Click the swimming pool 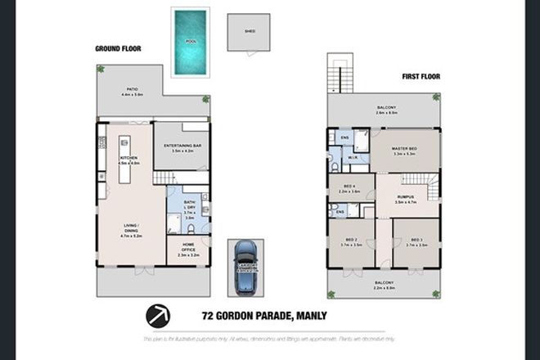(190, 42)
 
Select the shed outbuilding (250, 33)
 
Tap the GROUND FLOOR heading (119, 49)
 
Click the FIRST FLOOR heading (421, 76)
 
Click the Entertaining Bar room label (182, 148)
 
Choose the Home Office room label (188, 252)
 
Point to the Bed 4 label (349, 189)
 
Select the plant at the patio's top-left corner (101, 69)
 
